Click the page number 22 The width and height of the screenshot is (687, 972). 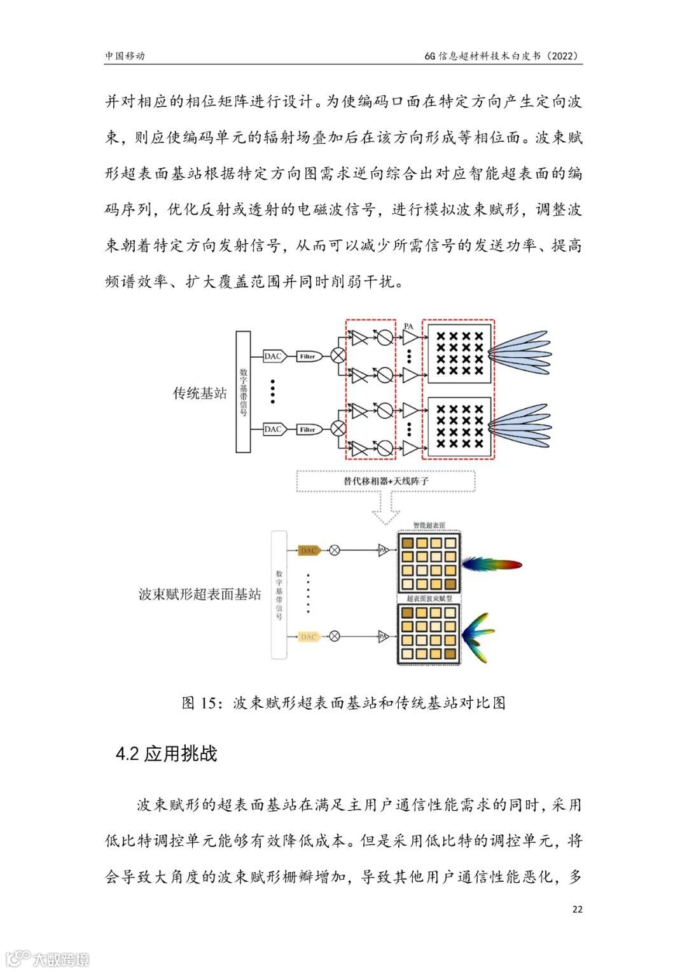[x=577, y=909]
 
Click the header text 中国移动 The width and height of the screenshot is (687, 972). [x=125, y=56]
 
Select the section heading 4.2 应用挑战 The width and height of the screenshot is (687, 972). [x=167, y=754]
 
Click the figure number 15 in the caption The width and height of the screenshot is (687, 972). [x=209, y=703]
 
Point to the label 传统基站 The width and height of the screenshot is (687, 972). [x=200, y=393]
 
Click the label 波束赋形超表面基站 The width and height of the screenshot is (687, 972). [x=200, y=595]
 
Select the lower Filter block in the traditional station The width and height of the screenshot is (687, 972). [x=308, y=430]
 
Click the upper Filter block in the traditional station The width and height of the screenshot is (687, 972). [x=308, y=356]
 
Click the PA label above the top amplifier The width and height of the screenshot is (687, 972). [x=408, y=327]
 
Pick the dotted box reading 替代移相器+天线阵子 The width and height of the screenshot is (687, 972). [x=386, y=481]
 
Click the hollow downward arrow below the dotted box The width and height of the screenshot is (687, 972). [x=385, y=509]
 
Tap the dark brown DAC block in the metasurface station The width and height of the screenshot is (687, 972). [x=309, y=551]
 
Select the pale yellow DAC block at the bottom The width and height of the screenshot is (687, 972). [x=309, y=637]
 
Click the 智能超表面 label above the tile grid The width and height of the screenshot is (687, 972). [x=429, y=526]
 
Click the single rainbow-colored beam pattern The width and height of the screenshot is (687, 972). [x=491, y=565]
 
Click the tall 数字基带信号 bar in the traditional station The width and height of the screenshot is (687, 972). [x=243, y=391]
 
